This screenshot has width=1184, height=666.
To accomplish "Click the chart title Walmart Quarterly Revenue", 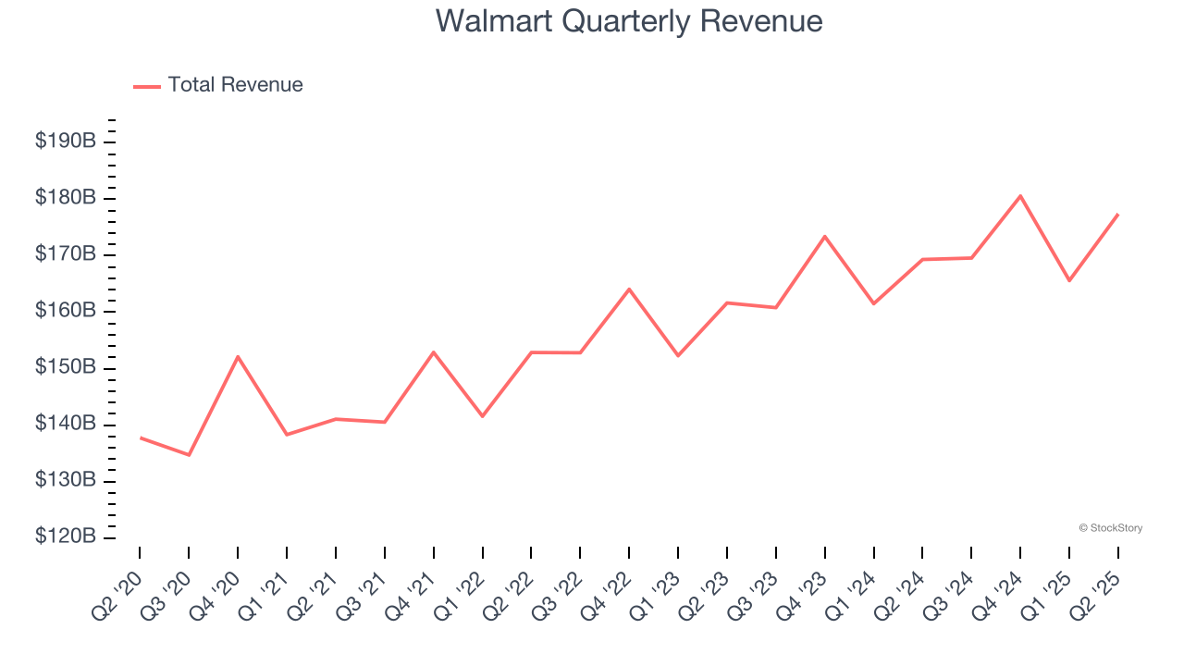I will tap(629, 20).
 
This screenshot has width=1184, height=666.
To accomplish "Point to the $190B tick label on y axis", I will tap(66, 142).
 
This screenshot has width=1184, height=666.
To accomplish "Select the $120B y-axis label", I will tap(66, 536).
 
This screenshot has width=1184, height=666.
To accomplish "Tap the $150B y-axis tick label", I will tap(66, 367).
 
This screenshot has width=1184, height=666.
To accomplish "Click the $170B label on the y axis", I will tap(66, 254).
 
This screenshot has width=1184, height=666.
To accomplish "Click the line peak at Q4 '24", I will tap(1020, 195).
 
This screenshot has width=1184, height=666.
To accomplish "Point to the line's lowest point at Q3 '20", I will tap(189, 455).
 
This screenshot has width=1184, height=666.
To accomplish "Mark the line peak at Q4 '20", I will tap(238, 356).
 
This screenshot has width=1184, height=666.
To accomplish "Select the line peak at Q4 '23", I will tap(824, 236).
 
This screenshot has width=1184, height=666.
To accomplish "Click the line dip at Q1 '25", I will tap(1069, 280).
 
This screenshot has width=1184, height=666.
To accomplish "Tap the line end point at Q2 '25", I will tap(1117, 215).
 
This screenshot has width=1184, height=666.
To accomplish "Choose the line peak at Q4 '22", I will tap(629, 289).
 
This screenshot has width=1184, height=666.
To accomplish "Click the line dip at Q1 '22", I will tap(482, 416).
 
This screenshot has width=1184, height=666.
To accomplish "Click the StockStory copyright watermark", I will tap(1110, 528).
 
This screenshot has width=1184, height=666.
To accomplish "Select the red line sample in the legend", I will tap(147, 86).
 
